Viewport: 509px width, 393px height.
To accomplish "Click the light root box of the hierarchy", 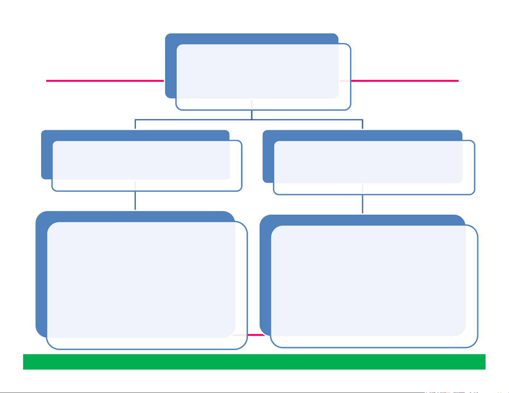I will (263, 77).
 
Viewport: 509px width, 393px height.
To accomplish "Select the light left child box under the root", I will (147, 166).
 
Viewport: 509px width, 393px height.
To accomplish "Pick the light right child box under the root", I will (374, 167).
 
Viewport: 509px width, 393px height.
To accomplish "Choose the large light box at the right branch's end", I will (374, 286).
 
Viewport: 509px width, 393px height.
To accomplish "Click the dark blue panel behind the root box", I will (171, 64).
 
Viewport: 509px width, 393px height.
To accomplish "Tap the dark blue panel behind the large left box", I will (41, 273).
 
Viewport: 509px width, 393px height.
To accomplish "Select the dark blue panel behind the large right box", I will (265, 273).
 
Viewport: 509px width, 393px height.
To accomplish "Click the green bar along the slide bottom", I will (254, 362).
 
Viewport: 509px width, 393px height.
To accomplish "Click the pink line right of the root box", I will (405, 81).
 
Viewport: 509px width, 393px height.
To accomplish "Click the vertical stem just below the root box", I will (252, 115).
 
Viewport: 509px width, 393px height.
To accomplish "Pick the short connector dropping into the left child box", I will (135, 124).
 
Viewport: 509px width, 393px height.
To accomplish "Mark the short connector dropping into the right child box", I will (363, 124).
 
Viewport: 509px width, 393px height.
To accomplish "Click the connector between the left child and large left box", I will (135, 201).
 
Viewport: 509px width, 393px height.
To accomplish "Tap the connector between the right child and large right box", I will (363, 204).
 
